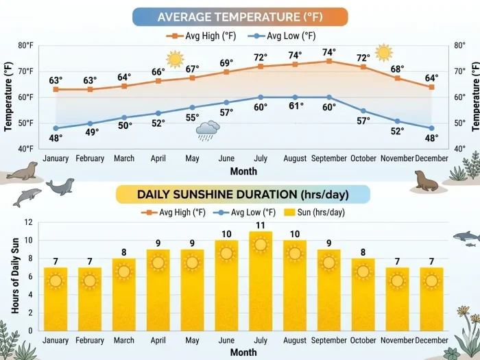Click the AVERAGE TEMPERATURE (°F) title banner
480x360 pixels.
tap(239, 17)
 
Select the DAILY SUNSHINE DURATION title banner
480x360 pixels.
tap(243, 194)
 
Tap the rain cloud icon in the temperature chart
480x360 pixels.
tap(207, 130)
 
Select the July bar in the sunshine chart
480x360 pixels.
tap(261, 281)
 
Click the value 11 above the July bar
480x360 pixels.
tap(261, 225)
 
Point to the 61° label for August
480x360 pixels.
tap(296, 106)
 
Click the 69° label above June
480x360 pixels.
tap(226, 63)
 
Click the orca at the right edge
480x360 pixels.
tap(466, 237)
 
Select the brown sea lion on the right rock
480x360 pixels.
tap(427, 181)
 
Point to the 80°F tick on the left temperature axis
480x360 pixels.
tap(25, 46)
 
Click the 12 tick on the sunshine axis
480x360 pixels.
tap(27, 222)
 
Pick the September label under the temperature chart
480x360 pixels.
tap(329, 159)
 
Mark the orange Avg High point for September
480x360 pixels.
tap(329, 61)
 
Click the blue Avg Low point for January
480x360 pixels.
tap(56, 128)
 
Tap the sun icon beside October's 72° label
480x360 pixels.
tap(383, 52)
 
